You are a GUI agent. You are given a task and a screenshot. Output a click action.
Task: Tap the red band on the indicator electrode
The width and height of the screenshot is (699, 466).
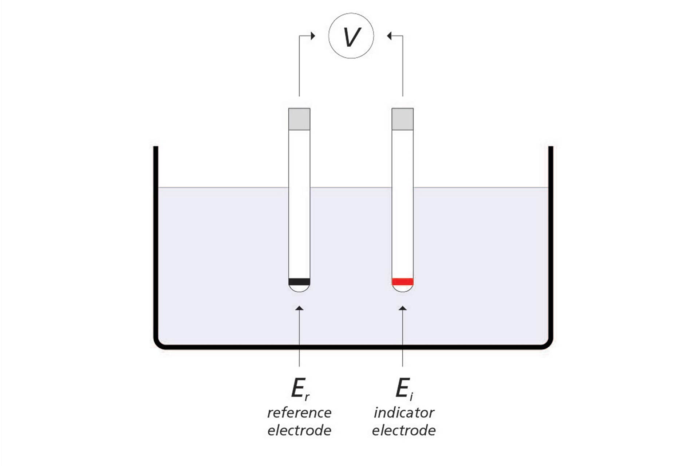click(x=402, y=281)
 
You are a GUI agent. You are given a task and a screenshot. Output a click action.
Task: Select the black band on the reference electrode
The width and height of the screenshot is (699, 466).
click(x=299, y=281)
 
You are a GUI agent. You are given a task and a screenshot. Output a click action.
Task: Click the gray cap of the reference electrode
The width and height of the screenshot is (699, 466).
click(x=299, y=119)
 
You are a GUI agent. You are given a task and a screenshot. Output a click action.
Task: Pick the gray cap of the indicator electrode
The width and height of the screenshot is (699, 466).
click(x=402, y=119)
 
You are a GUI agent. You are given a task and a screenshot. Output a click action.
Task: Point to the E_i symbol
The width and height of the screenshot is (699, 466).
click(x=404, y=388)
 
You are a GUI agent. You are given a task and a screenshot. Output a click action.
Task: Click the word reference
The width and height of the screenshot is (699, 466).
click(x=299, y=413)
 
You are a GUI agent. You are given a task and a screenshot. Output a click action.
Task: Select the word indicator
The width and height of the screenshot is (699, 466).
click(x=404, y=412)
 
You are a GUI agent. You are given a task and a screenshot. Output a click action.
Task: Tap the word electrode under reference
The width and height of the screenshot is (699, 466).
click(x=299, y=430)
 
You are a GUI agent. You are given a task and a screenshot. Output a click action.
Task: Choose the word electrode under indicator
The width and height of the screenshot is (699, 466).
click(x=404, y=430)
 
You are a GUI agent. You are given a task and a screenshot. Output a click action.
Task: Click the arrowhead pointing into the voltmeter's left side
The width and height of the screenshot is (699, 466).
click(x=313, y=36)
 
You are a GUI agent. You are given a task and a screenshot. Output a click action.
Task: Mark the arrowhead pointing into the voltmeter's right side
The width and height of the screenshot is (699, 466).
click(x=389, y=36)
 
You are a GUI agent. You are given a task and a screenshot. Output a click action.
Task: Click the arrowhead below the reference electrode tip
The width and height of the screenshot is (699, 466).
click(x=299, y=308)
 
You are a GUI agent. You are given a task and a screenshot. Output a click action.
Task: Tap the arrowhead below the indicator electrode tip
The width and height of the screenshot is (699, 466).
click(x=402, y=308)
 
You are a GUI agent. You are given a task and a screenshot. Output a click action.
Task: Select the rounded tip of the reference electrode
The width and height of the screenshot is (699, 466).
click(x=299, y=288)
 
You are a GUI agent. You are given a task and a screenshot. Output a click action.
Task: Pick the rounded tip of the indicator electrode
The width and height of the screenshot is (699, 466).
click(x=402, y=288)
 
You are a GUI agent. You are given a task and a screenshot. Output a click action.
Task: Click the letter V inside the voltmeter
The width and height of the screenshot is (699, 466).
click(x=352, y=37)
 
